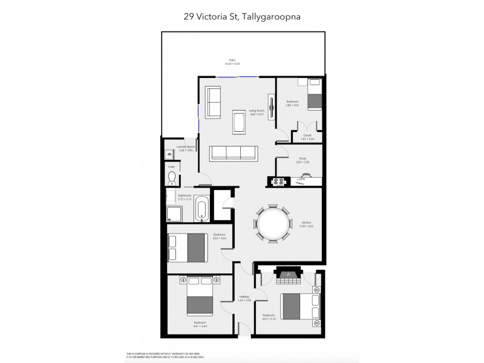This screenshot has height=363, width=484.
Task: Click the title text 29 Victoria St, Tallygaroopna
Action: pos(242,18)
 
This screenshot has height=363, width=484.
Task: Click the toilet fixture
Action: pos(172,177)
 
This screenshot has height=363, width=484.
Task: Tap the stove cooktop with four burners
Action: pos(280,181)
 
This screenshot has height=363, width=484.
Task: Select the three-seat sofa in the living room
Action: pos(234,152)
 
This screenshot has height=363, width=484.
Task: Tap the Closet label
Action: pos(307,136)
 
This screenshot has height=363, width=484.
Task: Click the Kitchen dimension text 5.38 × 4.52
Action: pos(306,227)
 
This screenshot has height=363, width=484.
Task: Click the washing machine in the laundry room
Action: pos(171,154)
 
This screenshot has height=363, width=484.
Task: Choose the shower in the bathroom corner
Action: pos(174,212)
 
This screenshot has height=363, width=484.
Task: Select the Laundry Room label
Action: pos(185,147)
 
